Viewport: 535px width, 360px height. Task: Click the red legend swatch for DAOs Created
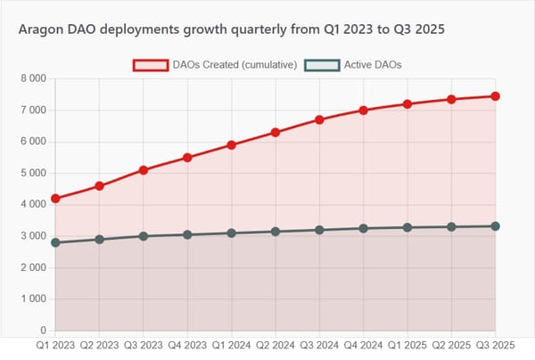(x=151, y=65)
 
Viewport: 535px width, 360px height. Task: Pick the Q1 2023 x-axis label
(x=55, y=344)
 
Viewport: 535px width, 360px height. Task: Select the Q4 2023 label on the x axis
(x=187, y=344)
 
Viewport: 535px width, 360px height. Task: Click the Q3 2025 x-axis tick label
(x=496, y=344)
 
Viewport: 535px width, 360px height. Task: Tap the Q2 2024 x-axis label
(x=276, y=344)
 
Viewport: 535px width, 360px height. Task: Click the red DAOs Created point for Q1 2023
(x=55, y=199)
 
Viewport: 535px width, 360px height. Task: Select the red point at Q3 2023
(x=144, y=170)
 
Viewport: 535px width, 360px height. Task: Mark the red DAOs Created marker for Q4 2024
(x=364, y=110)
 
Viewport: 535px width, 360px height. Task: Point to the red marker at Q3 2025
(x=496, y=96)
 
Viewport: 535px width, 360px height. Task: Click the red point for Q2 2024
(x=276, y=132)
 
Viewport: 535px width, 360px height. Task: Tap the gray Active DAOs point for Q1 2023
(x=55, y=242)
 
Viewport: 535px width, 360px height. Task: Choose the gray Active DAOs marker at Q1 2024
(x=232, y=233)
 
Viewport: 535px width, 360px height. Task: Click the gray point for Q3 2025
(x=496, y=226)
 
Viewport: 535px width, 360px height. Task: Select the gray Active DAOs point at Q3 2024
(x=319, y=230)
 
